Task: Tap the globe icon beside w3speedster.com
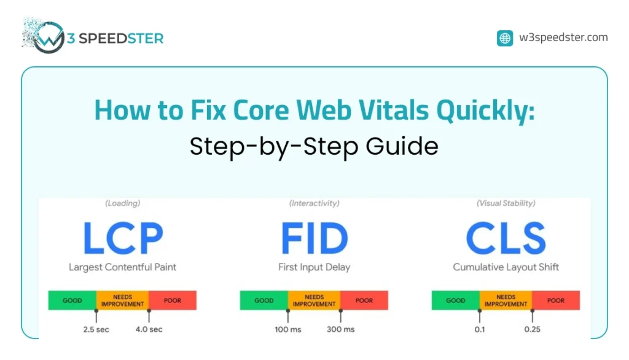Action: click(x=505, y=38)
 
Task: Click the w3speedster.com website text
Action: click(x=563, y=37)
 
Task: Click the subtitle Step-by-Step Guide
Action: click(x=314, y=146)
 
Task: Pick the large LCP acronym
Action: click(x=122, y=238)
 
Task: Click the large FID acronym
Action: click(x=314, y=238)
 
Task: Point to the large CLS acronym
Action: click(x=506, y=238)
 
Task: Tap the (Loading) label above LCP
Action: click(x=122, y=203)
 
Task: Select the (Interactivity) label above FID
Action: click(x=314, y=203)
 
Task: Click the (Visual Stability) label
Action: click(x=506, y=203)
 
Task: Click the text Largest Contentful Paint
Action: click(x=122, y=267)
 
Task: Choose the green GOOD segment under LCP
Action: click(x=72, y=300)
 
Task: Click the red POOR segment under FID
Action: click(x=364, y=300)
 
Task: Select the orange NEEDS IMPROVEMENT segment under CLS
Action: click(x=506, y=300)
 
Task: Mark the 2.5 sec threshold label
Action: click(x=96, y=329)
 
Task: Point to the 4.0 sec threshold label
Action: click(x=149, y=329)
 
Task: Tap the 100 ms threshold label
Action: click(x=288, y=329)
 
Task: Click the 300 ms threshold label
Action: click(x=340, y=329)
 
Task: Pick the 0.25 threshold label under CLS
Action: click(x=532, y=329)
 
